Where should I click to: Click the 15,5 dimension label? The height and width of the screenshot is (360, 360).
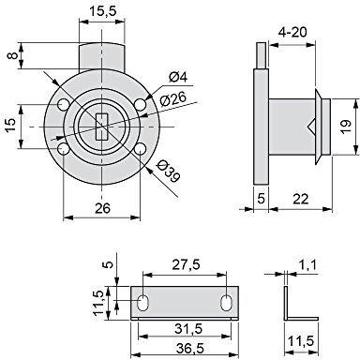pyautogui.click(x=103, y=11)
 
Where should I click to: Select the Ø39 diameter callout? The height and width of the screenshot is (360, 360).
pyautogui.click(x=169, y=172)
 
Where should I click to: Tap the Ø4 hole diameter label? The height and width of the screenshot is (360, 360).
pyautogui.click(x=178, y=77)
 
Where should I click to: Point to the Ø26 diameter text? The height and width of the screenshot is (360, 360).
pyautogui.click(x=172, y=98)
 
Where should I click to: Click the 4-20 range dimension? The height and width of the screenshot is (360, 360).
pyautogui.click(x=292, y=32)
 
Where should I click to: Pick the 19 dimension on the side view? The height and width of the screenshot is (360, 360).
pyautogui.click(x=346, y=127)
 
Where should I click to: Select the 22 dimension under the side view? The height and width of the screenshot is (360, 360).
pyautogui.click(x=301, y=199)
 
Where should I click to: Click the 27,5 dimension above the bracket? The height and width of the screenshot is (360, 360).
pyautogui.click(x=186, y=265)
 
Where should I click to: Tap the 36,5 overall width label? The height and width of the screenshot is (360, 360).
pyautogui.click(x=189, y=348)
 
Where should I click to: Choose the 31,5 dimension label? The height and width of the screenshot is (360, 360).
pyautogui.click(x=188, y=329)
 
